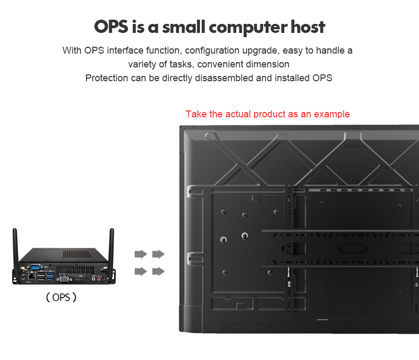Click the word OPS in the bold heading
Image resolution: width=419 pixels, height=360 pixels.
113,27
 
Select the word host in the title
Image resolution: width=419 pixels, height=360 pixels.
308,27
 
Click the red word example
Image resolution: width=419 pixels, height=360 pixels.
332,114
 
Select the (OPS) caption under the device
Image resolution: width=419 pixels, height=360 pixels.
61,297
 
